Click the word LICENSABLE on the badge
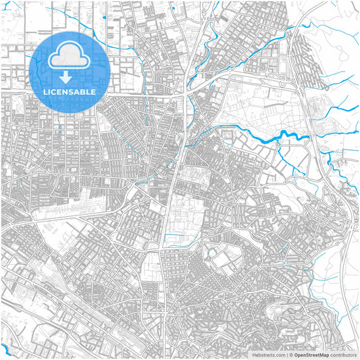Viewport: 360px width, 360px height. pos(70,91)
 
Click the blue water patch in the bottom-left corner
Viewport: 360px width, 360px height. pos(5,349)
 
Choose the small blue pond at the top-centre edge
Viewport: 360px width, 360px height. pos(174,8)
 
